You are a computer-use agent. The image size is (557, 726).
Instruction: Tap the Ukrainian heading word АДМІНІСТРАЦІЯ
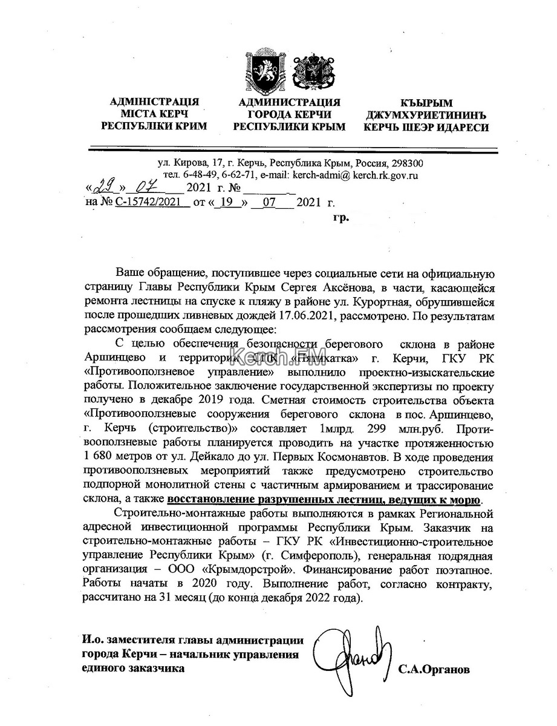tap(154, 102)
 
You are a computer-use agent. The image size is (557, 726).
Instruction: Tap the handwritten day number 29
tap(104, 188)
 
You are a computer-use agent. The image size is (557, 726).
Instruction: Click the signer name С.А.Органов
tap(434, 670)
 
